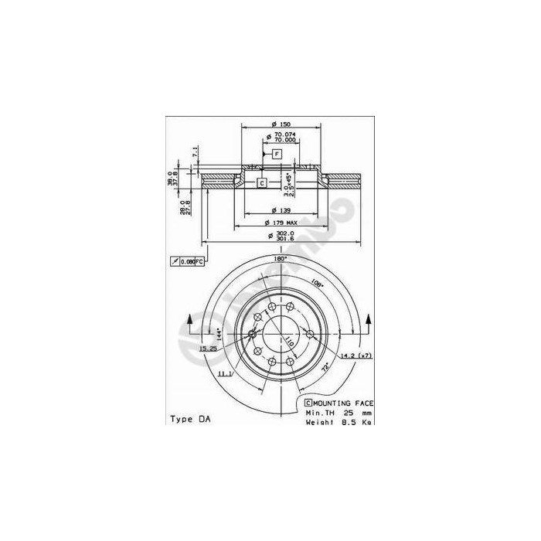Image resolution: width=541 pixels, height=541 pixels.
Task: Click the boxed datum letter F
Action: [x=277, y=155]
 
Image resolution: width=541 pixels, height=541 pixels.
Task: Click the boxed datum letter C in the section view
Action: [x=261, y=182]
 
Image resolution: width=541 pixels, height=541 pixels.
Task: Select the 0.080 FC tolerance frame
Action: [x=186, y=262]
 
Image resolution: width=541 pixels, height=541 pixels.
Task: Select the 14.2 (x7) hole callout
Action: [x=357, y=356]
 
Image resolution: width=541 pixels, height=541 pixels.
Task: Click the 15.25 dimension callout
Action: [x=207, y=349]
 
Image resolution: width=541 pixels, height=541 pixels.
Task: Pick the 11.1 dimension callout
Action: [x=225, y=373]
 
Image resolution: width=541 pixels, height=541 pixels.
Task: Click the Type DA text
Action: [x=189, y=419]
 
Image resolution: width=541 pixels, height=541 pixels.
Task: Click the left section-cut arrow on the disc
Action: [x=190, y=322]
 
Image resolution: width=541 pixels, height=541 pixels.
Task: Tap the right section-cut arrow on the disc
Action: [x=369, y=322]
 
